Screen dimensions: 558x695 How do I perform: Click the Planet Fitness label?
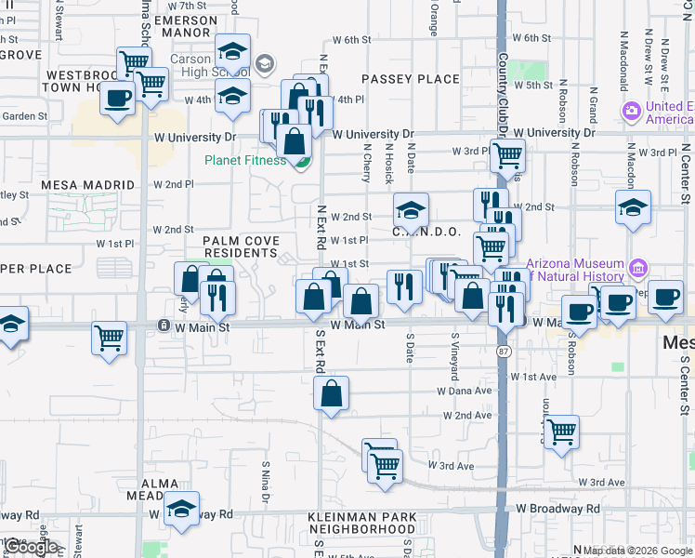[x=244, y=160]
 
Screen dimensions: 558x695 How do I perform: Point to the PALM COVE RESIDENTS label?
[x=242, y=246]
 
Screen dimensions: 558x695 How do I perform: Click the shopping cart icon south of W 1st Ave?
[x=562, y=432]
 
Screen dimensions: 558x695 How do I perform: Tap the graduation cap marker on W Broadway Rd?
[x=182, y=508]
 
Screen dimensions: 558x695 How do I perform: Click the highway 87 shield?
[x=502, y=350]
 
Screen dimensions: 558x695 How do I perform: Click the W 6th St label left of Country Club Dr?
[x=352, y=40]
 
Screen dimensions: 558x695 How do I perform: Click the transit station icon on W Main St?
[x=164, y=325]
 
